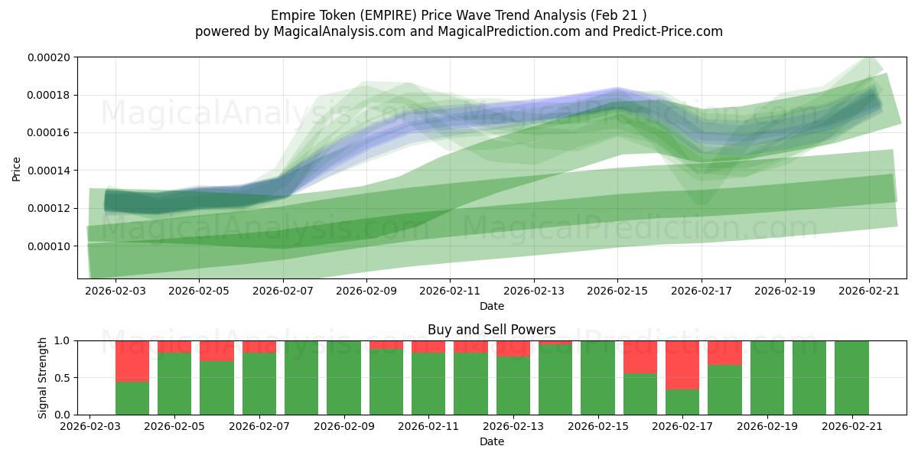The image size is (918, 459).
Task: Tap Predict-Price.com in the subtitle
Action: (x=668, y=31)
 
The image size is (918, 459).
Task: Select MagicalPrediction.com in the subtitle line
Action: (x=509, y=31)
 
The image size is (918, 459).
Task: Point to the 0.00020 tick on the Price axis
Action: (x=49, y=57)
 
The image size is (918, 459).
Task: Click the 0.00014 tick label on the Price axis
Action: (x=49, y=171)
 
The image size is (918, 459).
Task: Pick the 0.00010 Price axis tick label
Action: (x=49, y=246)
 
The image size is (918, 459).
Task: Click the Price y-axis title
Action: (x=16, y=169)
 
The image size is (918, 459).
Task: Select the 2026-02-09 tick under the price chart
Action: (x=366, y=291)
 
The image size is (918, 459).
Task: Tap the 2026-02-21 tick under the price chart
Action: (x=869, y=291)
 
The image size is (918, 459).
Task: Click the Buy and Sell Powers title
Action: (x=491, y=330)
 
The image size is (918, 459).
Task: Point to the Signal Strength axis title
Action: (x=42, y=378)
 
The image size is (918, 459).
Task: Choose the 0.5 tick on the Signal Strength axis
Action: (x=63, y=378)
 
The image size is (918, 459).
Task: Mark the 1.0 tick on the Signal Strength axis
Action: (x=63, y=341)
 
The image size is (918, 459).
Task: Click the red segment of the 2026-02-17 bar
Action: (x=682, y=365)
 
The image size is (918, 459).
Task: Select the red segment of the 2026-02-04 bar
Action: (x=132, y=361)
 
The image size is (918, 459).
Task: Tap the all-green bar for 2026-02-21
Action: (x=851, y=378)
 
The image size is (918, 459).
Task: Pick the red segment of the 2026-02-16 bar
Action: (x=640, y=357)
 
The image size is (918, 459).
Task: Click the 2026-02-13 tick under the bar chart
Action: (x=513, y=427)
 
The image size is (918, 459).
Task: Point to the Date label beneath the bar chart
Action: (x=492, y=442)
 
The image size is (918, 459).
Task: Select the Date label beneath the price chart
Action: (x=492, y=306)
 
